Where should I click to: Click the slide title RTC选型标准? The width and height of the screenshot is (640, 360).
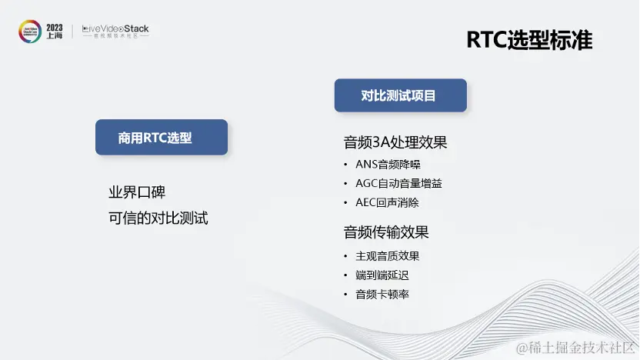pyautogui.click(x=529, y=40)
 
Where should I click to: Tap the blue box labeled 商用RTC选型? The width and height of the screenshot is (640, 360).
pyautogui.click(x=162, y=137)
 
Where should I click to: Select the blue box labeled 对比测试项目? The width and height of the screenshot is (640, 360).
pyautogui.click(x=401, y=95)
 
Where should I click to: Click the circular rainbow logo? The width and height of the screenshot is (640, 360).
pyautogui.click(x=30, y=32)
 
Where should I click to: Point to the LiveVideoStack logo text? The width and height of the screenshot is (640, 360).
pyautogui.click(x=115, y=31)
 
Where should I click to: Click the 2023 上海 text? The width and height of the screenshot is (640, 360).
pyautogui.click(x=55, y=32)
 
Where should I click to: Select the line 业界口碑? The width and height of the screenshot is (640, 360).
pyautogui.click(x=137, y=192)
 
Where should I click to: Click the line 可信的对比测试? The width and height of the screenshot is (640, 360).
pyautogui.click(x=158, y=218)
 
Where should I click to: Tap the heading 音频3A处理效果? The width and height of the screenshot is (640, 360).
pyautogui.click(x=395, y=142)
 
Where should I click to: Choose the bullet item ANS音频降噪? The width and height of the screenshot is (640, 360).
pyautogui.click(x=388, y=165)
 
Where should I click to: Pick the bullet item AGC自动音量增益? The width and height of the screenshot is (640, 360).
pyautogui.click(x=398, y=184)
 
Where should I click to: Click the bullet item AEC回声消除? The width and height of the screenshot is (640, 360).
pyautogui.click(x=387, y=203)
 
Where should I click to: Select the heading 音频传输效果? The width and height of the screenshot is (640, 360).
pyautogui.click(x=385, y=232)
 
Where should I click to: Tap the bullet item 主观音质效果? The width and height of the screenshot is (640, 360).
pyautogui.click(x=388, y=256)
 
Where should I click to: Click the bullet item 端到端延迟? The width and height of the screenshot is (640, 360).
pyautogui.click(x=382, y=275)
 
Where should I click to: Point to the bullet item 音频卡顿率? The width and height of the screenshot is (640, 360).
pyautogui.click(x=382, y=295)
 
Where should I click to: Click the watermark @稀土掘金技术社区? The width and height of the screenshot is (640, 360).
pyautogui.click(x=575, y=348)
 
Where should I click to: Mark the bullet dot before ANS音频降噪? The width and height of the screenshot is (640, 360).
pyautogui.click(x=345, y=165)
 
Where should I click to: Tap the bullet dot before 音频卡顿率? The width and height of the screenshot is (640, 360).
pyautogui.click(x=345, y=295)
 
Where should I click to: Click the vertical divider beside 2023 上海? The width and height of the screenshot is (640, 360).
pyautogui.click(x=72, y=32)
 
